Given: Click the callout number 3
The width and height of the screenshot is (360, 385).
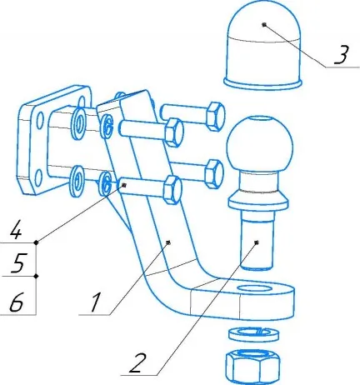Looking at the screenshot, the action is point(341,55).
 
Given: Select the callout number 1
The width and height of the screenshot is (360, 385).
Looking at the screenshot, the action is point(94,302).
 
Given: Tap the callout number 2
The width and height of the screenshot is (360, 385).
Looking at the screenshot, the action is point(138,362).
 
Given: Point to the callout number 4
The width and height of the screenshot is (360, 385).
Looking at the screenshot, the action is point(16,229).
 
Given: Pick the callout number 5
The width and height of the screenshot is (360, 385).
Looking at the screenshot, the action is point(18,262).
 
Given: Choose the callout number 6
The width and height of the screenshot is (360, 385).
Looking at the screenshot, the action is point(17,302).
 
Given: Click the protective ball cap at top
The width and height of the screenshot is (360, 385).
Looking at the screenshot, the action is point(263,46).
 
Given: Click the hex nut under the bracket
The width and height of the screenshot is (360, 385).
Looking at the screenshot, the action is point(253,365).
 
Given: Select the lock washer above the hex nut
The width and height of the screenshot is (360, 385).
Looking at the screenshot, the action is point(253,334).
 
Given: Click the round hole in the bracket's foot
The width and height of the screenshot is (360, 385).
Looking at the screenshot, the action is point(256,289).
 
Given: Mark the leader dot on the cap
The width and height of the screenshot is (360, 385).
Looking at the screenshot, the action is point(264,24).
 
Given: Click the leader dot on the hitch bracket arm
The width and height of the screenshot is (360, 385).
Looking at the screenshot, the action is point(168,242).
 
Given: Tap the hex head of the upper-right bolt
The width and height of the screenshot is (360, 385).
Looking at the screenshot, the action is point(215,117).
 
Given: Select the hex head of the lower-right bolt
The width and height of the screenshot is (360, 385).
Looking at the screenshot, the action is point(213,174).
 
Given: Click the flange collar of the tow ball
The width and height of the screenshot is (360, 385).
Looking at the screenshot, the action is point(257,202).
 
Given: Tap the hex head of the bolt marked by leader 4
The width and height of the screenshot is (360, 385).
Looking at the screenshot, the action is point(172,190).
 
